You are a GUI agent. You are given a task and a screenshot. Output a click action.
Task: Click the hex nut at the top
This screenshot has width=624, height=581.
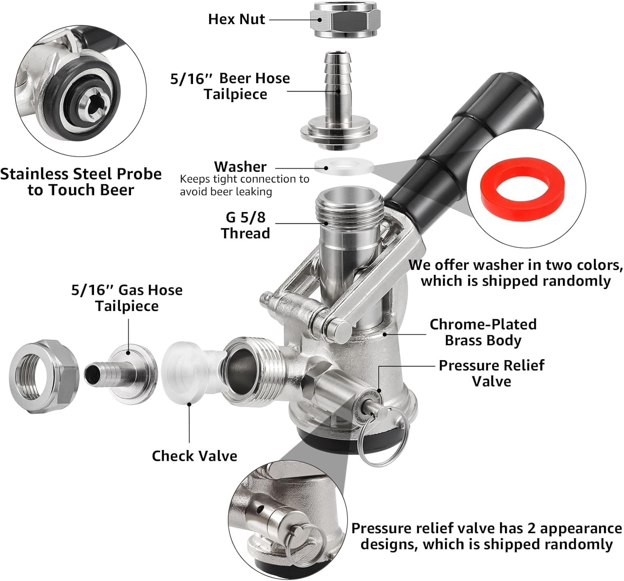[345, 20]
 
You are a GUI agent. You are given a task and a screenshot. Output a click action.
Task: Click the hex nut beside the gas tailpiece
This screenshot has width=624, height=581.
[44, 376]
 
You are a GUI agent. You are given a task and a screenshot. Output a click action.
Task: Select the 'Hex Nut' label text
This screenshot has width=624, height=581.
[237, 19]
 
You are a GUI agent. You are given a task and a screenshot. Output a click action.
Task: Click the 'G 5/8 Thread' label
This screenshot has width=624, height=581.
[245, 225]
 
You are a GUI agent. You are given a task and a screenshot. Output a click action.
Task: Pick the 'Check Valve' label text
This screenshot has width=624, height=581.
[195, 456]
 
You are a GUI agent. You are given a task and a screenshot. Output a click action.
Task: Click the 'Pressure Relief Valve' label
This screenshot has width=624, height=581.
[492, 373]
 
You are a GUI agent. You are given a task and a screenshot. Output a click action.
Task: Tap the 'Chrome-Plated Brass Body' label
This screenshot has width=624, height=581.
[483, 332]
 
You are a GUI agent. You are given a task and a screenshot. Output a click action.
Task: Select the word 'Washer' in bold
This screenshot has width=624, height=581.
[240, 166]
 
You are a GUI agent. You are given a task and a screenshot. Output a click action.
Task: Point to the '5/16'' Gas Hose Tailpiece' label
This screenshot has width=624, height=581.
[127, 298]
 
